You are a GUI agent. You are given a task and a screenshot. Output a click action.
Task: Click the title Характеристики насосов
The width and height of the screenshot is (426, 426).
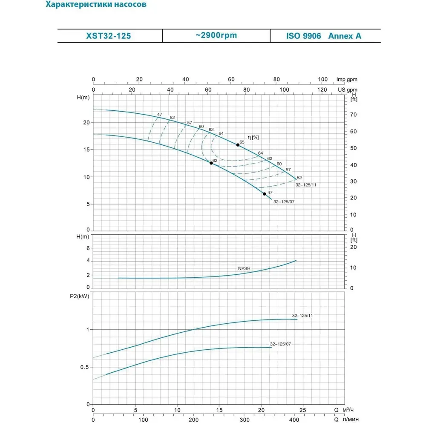pos(98,6)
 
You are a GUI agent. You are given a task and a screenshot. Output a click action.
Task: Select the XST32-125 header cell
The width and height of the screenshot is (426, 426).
pos(110,36)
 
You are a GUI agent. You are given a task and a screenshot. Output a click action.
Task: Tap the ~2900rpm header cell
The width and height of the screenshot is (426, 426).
pos(216,36)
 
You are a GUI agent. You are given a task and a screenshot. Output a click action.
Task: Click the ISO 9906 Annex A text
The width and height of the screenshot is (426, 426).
pos(324,36)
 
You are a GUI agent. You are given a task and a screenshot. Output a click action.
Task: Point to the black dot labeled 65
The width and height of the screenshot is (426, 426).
pos(238,145)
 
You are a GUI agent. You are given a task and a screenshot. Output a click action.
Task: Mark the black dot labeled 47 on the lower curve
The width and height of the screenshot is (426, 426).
pos(265,194)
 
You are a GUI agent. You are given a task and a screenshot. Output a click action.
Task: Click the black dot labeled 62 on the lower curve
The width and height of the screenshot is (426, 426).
pos(211,163)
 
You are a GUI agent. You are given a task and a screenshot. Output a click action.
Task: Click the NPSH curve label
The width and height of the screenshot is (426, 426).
pos(244,269)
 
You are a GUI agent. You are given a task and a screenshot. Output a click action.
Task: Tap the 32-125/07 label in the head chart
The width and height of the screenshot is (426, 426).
pos(284,201)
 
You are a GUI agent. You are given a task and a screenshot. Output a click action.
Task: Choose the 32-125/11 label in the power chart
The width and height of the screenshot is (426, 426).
pos(302,316)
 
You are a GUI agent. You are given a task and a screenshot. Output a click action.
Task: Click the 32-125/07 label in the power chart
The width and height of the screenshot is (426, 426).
pos(280,344)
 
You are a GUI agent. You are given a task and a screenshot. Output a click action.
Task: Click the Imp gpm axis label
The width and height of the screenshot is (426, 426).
pos(346,79)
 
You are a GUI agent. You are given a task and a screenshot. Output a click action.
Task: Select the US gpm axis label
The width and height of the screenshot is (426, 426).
pos(347,90)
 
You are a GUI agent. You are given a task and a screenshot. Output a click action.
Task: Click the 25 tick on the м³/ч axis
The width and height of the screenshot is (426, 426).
pos(302,411)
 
